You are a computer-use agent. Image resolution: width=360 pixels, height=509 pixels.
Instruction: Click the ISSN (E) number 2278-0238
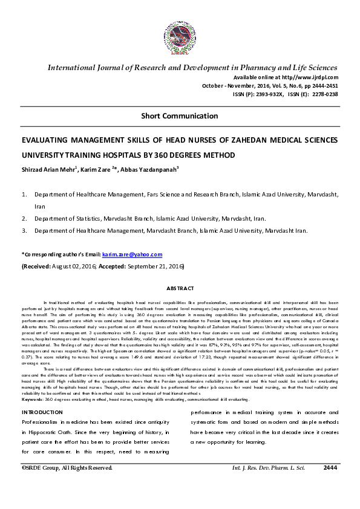pos(321,95)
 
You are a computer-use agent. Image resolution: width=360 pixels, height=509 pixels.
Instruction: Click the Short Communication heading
pos(180,115)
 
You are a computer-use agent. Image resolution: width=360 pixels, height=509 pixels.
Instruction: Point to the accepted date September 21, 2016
pos(159,266)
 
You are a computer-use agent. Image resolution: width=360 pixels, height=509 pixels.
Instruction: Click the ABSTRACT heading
pos(180,289)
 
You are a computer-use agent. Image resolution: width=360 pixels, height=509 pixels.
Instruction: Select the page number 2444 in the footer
pos(330,467)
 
